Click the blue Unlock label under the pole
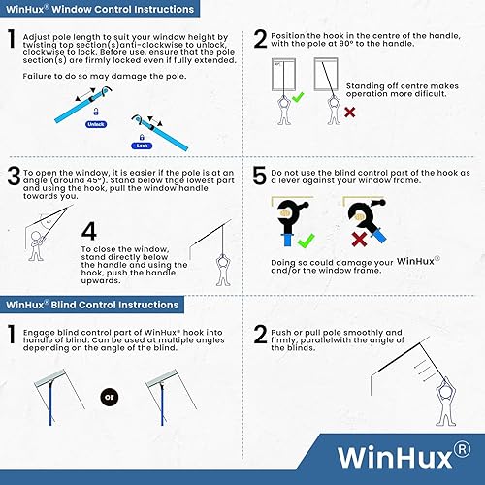(96, 124)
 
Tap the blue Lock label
(142, 145)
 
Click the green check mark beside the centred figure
(298, 97)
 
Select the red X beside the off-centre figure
(349, 113)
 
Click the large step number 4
(89, 231)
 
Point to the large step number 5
(259, 176)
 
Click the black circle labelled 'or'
(110, 397)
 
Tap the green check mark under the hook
(306, 241)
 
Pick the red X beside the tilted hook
(359, 240)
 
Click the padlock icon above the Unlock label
(96, 112)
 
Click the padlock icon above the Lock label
(142, 137)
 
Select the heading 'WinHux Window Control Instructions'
(100, 9)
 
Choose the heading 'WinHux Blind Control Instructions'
(92, 305)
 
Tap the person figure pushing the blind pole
(446, 402)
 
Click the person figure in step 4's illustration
(223, 271)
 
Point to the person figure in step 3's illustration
(36, 246)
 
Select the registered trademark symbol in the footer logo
(463, 449)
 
